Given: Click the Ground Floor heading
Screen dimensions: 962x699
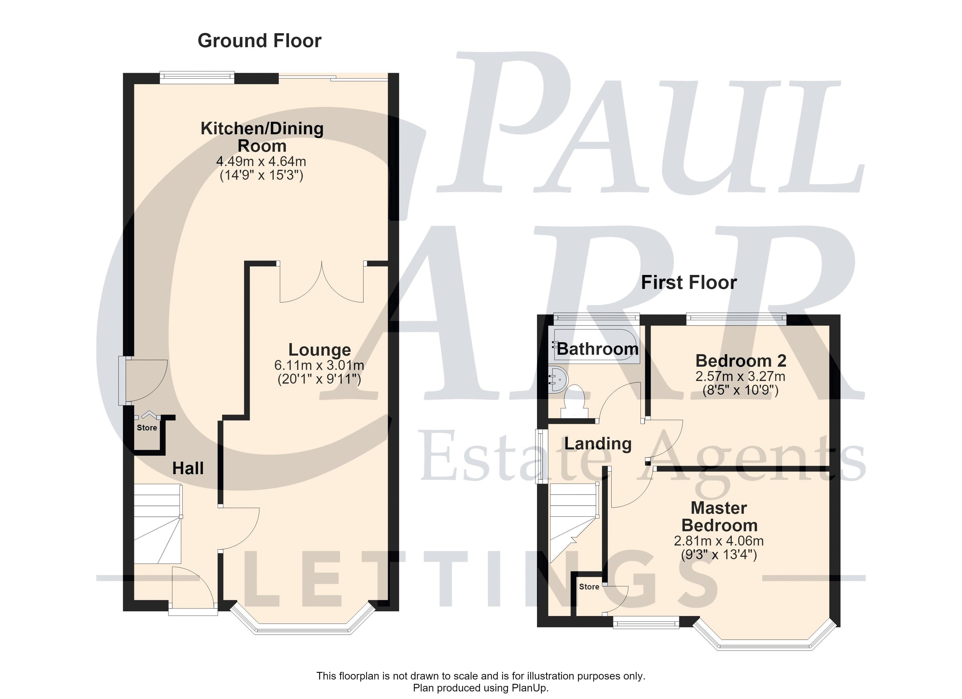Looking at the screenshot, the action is tap(259, 41).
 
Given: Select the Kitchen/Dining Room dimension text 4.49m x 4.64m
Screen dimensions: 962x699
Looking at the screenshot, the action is tap(261, 162).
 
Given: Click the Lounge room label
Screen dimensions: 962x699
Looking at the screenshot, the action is tap(320, 350).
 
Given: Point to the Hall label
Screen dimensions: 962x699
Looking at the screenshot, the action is tap(188, 468).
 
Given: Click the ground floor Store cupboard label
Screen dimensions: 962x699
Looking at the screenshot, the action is tap(147, 428).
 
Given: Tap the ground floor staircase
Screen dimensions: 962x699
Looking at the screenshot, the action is tap(158, 524).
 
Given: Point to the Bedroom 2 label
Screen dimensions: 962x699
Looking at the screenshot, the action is tap(740, 361).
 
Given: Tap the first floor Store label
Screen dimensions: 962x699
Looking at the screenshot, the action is tap(589, 587).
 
